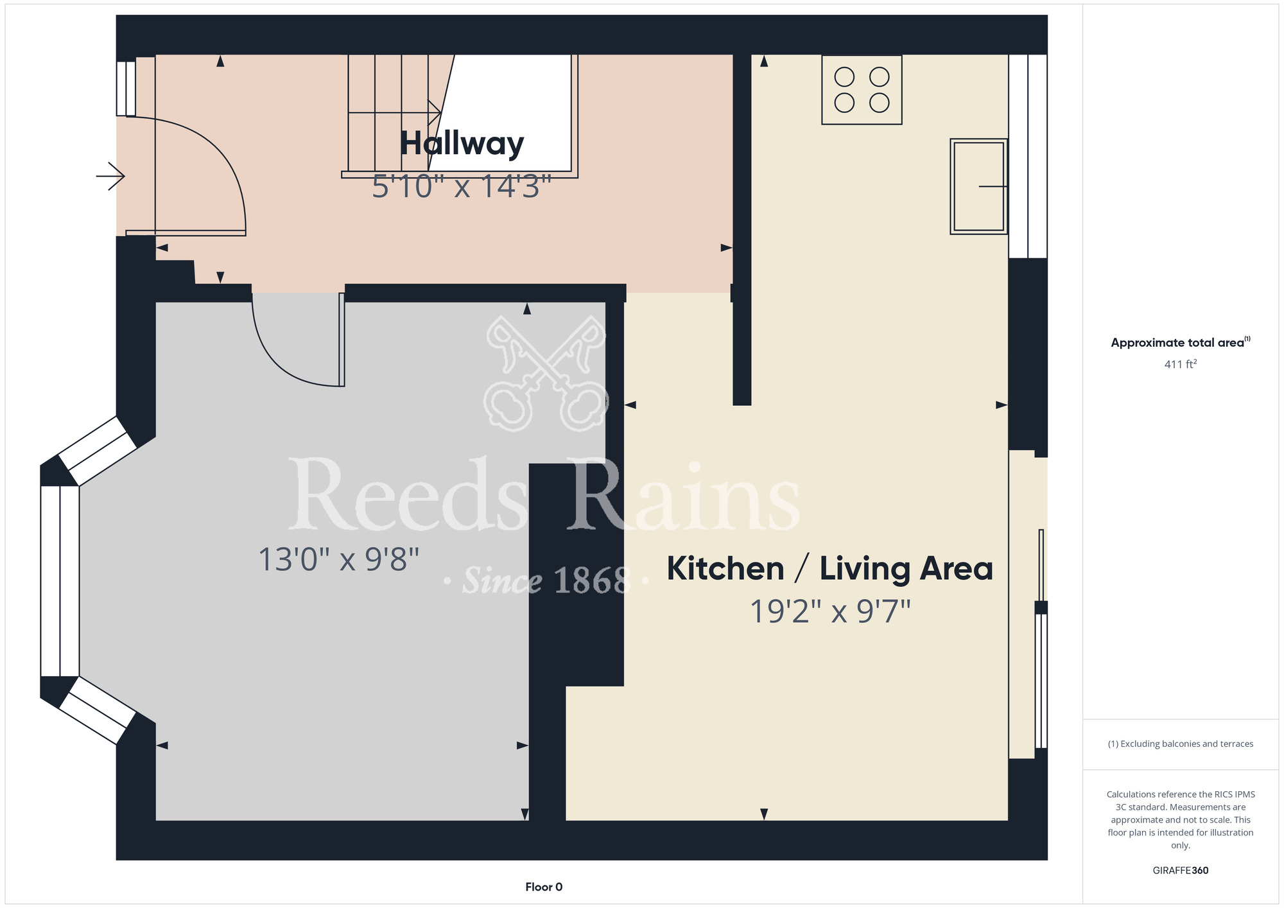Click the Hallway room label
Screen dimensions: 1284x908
pyautogui.click(x=462, y=144)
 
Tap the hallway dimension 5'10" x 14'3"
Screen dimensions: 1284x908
pyautogui.click(x=462, y=187)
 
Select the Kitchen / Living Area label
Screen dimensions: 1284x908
pyautogui.click(x=829, y=569)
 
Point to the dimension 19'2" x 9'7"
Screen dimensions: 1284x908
pyautogui.click(x=830, y=611)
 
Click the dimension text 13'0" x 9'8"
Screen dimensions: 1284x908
pyautogui.click(x=338, y=559)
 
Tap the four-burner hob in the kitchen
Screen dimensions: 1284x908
pyautogui.click(x=862, y=90)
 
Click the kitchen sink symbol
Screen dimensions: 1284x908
pyautogui.click(x=978, y=186)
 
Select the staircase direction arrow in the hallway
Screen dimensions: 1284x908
pyautogui.click(x=394, y=114)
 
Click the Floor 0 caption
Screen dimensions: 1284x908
pyautogui.click(x=544, y=887)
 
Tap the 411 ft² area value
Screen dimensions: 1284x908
pyautogui.click(x=1181, y=364)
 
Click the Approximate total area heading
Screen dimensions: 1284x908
pyautogui.click(x=1181, y=342)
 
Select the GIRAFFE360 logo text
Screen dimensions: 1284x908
pyautogui.click(x=1181, y=871)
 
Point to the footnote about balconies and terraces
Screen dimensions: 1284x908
pyautogui.click(x=1181, y=744)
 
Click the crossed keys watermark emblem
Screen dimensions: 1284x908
pyautogui.click(x=545, y=374)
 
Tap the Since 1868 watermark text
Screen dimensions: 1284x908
pyautogui.click(x=546, y=581)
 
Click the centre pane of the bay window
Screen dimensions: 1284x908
pyautogui.click(x=60, y=581)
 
